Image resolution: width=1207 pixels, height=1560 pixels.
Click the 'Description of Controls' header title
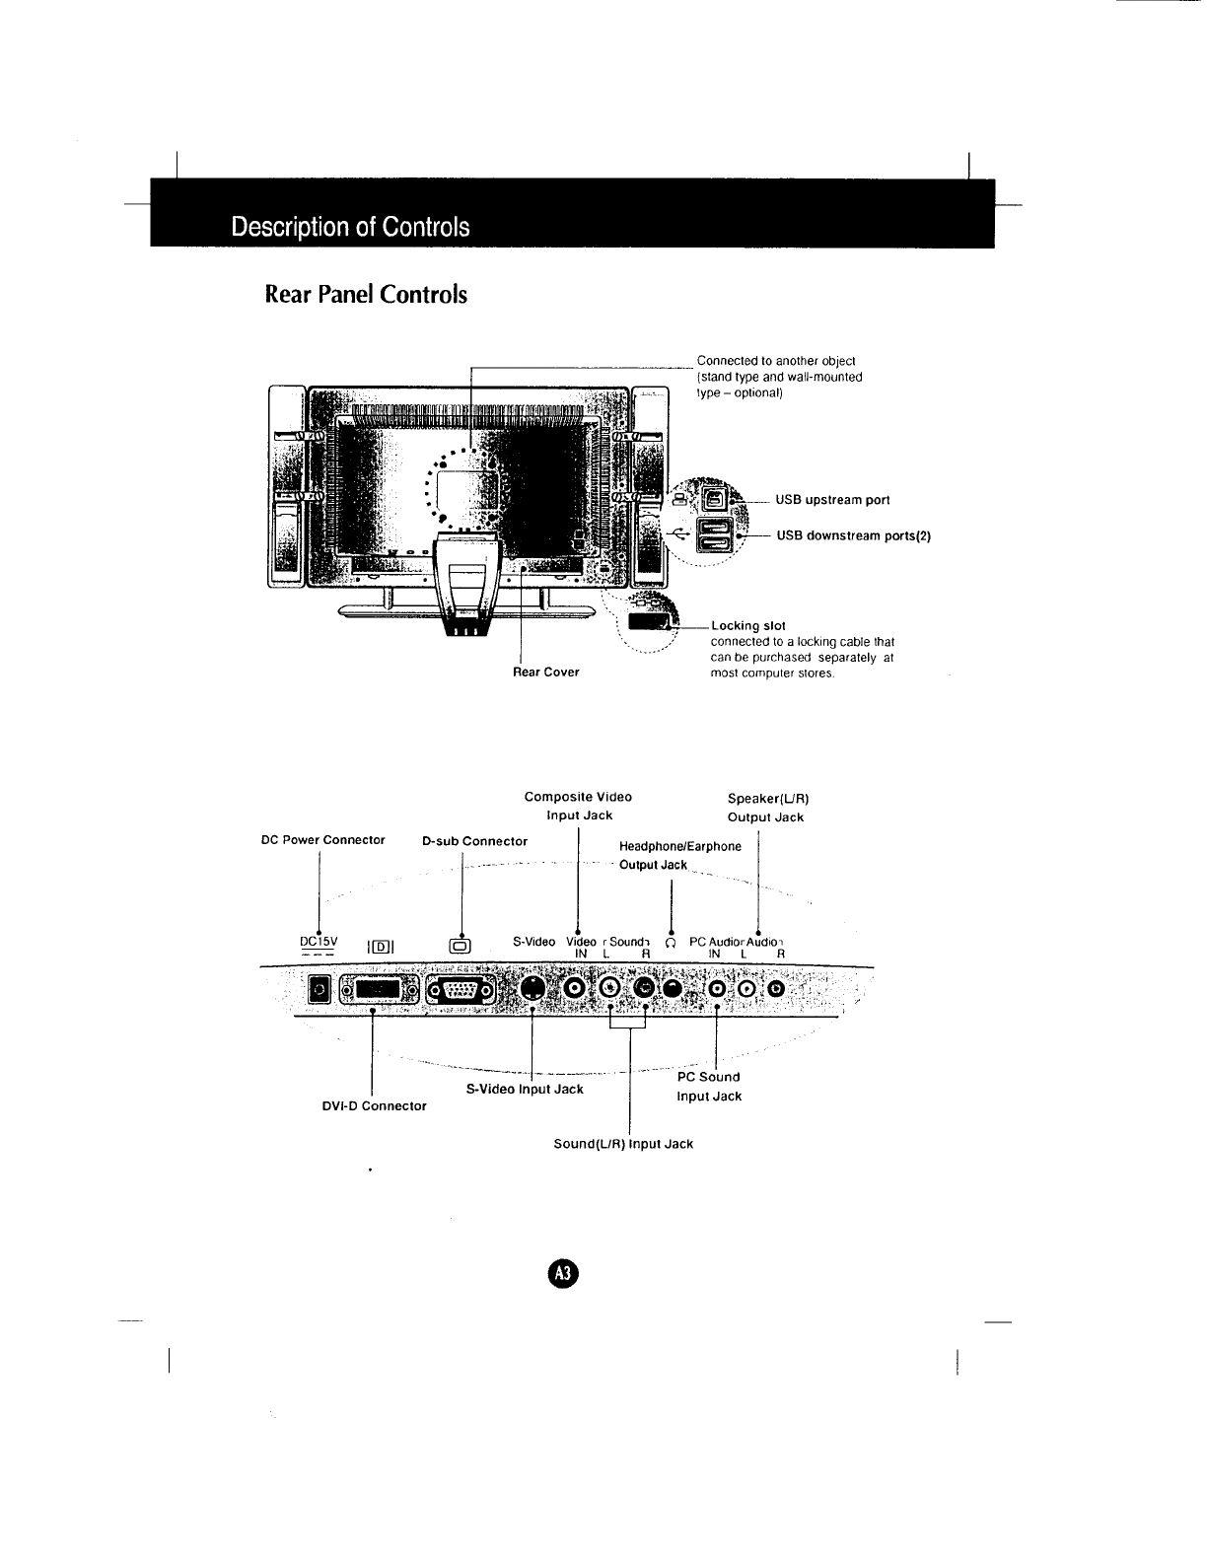tap(350, 227)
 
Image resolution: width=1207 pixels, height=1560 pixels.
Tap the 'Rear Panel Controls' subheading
tap(366, 295)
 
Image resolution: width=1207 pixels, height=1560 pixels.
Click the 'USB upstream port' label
tap(832, 500)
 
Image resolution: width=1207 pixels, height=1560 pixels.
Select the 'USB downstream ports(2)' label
tap(853, 536)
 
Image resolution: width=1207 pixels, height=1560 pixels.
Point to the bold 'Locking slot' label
tap(747, 626)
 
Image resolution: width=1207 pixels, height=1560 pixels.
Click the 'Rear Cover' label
tap(545, 673)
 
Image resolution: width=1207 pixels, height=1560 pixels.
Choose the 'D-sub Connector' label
tap(474, 842)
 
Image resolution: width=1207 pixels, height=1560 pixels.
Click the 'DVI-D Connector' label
tap(375, 1106)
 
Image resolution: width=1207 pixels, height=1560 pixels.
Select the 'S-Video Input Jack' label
tap(524, 1090)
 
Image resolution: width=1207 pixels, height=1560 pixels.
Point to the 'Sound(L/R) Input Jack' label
tap(623, 1144)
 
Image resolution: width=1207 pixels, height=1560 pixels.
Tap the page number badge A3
tap(564, 1273)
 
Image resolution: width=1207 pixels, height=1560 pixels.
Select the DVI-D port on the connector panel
tap(379, 990)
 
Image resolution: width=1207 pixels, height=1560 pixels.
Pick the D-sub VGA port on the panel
tap(460, 991)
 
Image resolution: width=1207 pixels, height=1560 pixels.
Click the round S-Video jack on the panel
tap(532, 988)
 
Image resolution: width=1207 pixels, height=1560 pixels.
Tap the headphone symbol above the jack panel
tap(671, 944)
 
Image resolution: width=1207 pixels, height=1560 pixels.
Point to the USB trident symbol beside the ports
tap(678, 533)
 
